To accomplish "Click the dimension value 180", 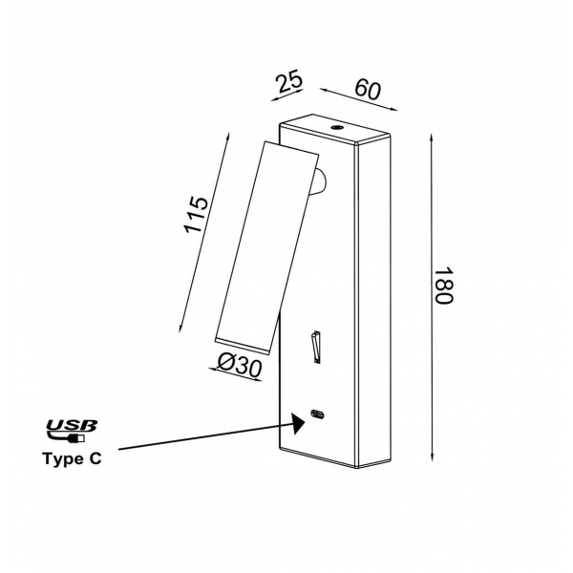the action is [444, 286].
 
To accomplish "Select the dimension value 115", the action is [197, 215].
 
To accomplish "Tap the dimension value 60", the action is [368, 90].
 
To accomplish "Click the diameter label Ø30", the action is [240, 366].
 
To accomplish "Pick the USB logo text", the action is [72, 425].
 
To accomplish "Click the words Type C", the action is [72, 458].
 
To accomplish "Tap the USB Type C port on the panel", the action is [317, 414].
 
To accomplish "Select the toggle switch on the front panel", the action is [316, 347].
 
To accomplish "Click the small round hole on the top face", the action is [336, 128].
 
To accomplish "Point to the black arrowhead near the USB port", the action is [299, 423].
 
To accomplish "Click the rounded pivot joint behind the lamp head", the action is [321, 181].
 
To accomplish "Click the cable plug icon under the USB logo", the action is [66, 437].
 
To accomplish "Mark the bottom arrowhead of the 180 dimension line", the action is [432, 457].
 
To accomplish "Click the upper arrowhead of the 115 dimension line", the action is [227, 138].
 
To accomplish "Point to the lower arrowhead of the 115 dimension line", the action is [180, 328].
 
